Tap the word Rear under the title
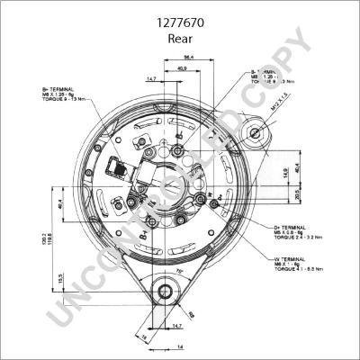tap(180, 40)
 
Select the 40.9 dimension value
tap(182, 68)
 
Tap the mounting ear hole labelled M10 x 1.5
tap(258, 135)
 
